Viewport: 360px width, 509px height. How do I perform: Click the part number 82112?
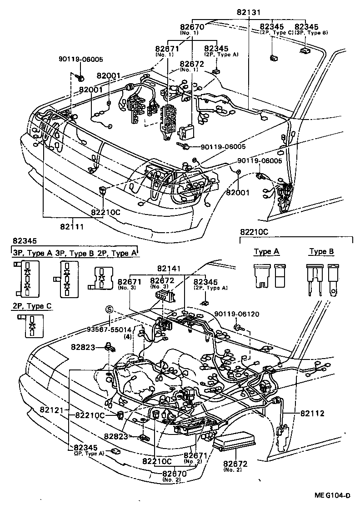(312, 413)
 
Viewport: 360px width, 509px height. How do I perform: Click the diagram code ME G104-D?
(334, 495)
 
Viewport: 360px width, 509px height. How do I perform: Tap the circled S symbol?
(109, 309)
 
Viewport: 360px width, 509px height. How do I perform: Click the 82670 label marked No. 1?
(191, 27)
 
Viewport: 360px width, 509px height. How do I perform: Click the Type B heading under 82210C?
(321, 251)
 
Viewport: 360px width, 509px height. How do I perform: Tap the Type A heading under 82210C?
(266, 251)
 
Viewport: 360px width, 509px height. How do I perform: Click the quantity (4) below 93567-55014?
(128, 337)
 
